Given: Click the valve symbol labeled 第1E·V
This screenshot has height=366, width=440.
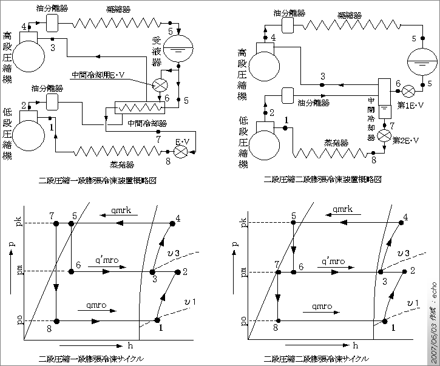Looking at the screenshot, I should coord(409,90).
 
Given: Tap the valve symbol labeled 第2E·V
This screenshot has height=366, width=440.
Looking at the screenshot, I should coord(384,135).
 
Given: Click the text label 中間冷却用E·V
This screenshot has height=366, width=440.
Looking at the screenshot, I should coord(98,75).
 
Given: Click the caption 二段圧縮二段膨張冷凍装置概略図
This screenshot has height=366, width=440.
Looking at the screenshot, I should coord(323,180).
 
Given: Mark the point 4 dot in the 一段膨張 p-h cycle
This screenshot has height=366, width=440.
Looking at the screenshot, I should coord(172,224).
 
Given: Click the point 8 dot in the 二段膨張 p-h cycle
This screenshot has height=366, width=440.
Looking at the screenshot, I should coord(277,320).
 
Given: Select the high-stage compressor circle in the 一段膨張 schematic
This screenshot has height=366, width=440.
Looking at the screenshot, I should coord(28,58).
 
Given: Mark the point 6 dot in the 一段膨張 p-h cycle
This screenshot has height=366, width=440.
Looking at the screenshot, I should coord(72,271).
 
